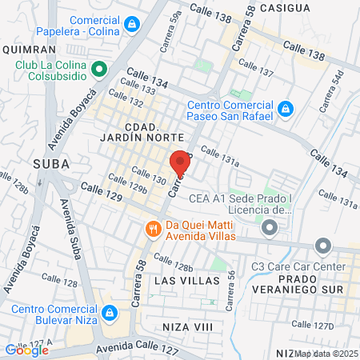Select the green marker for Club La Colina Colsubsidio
tap(99, 70)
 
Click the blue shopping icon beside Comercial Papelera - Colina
tap(130, 26)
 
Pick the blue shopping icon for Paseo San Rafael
tap(285, 107)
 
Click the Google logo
tap(26, 350)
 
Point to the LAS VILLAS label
tap(186, 281)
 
